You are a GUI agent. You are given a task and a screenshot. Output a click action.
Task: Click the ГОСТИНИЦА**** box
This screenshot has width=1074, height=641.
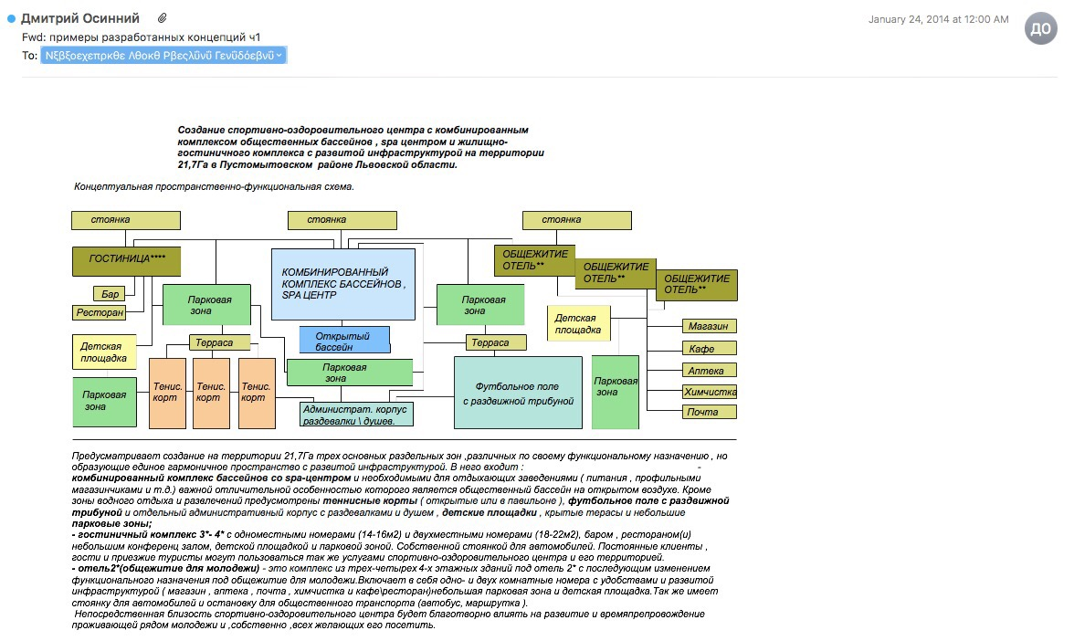click(x=126, y=260)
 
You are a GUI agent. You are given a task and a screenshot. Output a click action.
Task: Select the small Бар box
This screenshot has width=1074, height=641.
click(x=111, y=294)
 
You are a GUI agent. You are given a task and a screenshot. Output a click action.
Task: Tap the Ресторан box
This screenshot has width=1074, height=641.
click(x=99, y=313)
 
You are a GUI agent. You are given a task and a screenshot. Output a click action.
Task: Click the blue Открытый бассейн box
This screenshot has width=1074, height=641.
click(x=344, y=340)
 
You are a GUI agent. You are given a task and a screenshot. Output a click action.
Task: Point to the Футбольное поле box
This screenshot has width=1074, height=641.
click(x=518, y=393)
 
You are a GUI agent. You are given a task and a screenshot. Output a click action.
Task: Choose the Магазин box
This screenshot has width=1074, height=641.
click(x=709, y=326)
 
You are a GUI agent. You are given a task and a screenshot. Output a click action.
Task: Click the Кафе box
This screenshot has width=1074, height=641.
click(x=709, y=348)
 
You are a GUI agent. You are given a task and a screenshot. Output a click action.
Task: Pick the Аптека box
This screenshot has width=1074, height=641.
click(x=709, y=370)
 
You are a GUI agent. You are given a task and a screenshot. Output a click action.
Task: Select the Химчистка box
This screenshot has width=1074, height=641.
click(x=709, y=391)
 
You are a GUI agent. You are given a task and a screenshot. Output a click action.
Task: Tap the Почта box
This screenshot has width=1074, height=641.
click(x=709, y=412)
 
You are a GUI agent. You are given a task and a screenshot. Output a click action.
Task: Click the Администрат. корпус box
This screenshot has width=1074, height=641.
click(x=356, y=414)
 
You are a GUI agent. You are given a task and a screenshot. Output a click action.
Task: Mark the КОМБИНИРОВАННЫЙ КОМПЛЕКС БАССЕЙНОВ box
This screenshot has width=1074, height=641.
click(x=343, y=283)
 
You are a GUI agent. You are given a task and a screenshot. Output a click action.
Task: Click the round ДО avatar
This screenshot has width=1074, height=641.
click(x=1040, y=29)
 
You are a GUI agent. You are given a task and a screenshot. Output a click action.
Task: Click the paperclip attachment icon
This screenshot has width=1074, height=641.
click(x=163, y=18)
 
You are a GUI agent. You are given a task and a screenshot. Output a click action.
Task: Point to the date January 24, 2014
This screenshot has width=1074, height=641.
click(x=938, y=19)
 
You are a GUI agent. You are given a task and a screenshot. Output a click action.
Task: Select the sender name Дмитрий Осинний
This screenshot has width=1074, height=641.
click(x=80, y=18)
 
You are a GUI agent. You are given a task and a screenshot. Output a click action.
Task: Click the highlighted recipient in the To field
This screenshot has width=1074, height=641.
click(x=163, y=56)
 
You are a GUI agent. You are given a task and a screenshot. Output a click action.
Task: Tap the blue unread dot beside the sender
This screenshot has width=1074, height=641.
click(x=11, y=18)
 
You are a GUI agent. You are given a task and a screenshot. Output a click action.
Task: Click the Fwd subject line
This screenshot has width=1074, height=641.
click(x=142, y=37)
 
